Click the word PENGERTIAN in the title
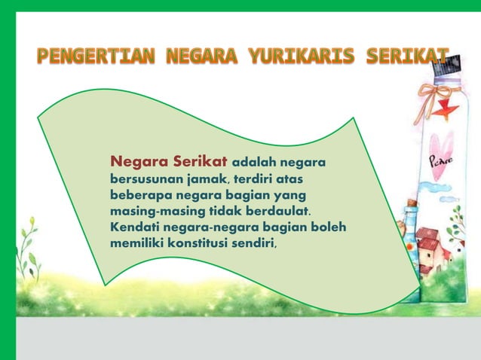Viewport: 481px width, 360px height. [93, 56]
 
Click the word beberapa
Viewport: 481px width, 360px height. [140, 195]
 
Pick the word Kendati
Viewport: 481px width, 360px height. [135, 227]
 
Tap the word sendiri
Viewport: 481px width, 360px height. [255, 243]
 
